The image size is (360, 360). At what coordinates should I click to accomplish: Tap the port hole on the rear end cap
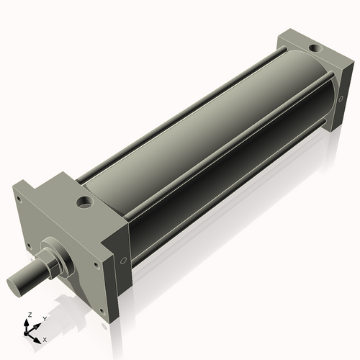(x=313, y=49)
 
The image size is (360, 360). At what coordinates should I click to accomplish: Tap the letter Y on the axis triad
(x=44, y=318)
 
